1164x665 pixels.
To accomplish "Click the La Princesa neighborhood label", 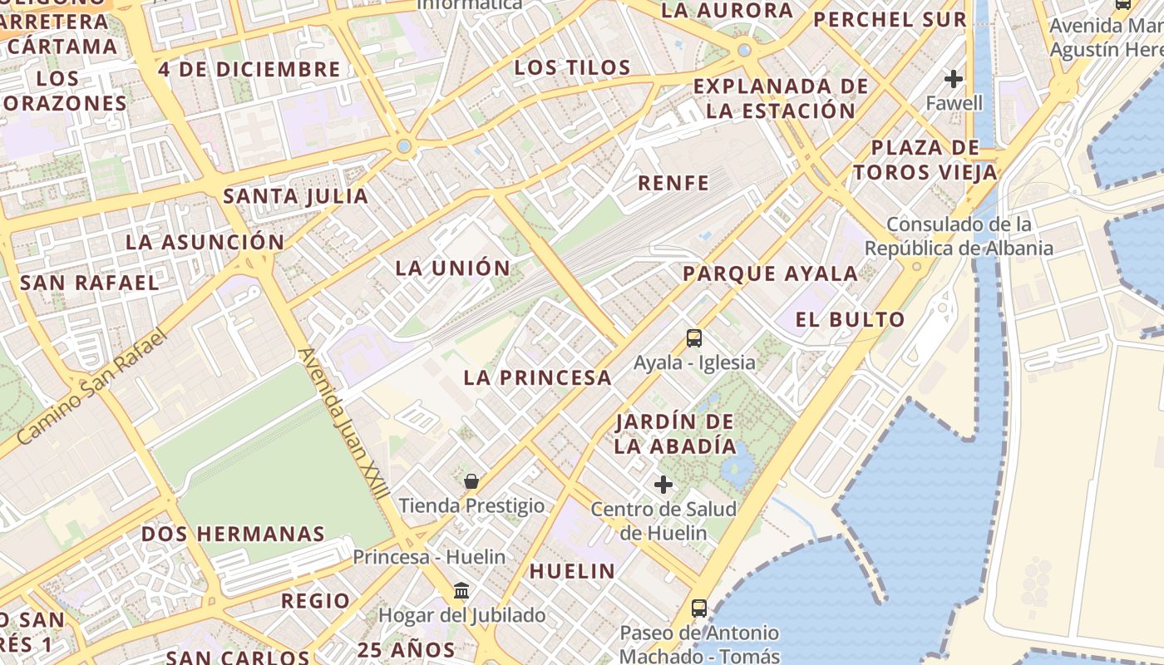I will pos(537,377).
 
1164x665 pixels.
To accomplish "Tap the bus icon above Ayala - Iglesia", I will pos(694,338).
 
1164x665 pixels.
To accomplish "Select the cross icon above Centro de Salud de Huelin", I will pos(663,484).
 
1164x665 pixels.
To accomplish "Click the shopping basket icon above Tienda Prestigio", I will pos(471,481).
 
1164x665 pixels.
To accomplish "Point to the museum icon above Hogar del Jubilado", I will pos(461,591).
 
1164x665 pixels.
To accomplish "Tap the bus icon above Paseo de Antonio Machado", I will pos(699,608).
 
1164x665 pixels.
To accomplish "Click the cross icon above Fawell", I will pos(954,79).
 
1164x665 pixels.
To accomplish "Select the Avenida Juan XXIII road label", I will pos(343,424).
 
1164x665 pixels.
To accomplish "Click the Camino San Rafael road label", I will pos(92,387).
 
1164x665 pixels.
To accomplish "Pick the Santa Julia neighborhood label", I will pos(296,197).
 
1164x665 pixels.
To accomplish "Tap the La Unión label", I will pos(453,268).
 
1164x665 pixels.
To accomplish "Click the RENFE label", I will pos(673,183).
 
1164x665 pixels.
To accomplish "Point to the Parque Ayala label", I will pos(771,273).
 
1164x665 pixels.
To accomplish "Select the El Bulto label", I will pos(850,319).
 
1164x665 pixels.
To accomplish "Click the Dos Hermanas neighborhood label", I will pos(233,534).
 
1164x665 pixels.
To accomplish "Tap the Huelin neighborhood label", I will pos(572,571).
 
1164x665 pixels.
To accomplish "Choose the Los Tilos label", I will pos(572,67).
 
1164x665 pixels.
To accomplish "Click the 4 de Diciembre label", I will pos(249,69).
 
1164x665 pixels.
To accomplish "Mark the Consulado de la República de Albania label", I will pos(959,236).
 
